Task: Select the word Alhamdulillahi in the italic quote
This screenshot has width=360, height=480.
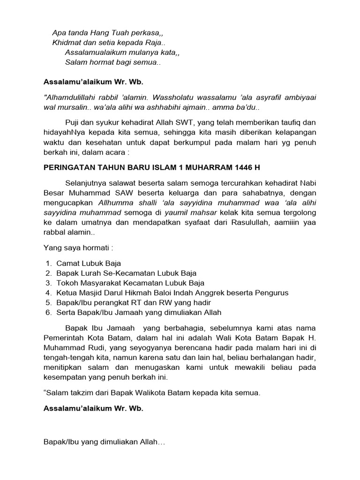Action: pos(70,97)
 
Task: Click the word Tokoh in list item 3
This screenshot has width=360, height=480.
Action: pos(67,283)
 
